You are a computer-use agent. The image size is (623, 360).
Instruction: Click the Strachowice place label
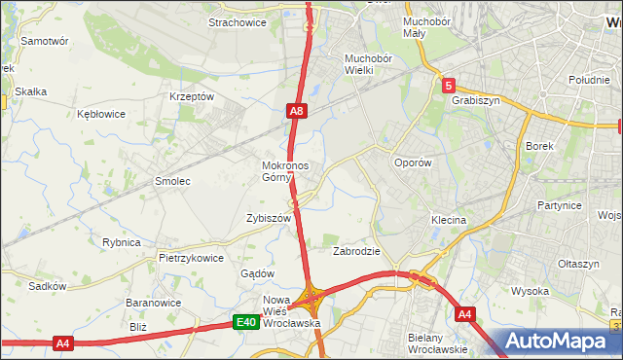(238, 22)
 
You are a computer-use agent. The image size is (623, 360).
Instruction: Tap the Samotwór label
(44, 42)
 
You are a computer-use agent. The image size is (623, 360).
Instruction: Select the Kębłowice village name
(101, 114)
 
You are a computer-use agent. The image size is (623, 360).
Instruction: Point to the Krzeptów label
(191, 96)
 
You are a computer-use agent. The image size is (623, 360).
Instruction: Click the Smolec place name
(172, 181)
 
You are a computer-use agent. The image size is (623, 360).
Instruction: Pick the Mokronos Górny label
(285, 171)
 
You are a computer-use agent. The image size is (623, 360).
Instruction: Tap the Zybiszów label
(269, 219)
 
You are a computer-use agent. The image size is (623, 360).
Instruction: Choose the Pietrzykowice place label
(191, 259)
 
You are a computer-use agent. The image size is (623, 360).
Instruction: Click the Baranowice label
(149, 303)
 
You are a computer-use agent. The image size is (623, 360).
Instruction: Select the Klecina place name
(449, 221)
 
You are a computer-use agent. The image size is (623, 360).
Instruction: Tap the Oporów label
(411, 163)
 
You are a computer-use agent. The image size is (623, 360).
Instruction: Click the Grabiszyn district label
(475, 98)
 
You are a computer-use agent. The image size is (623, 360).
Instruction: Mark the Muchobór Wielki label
(367, 63)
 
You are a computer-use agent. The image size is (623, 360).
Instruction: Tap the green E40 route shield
(247, 323)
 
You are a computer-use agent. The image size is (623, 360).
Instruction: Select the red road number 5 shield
(447, 87)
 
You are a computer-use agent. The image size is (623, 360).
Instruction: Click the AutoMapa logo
(559, 342)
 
